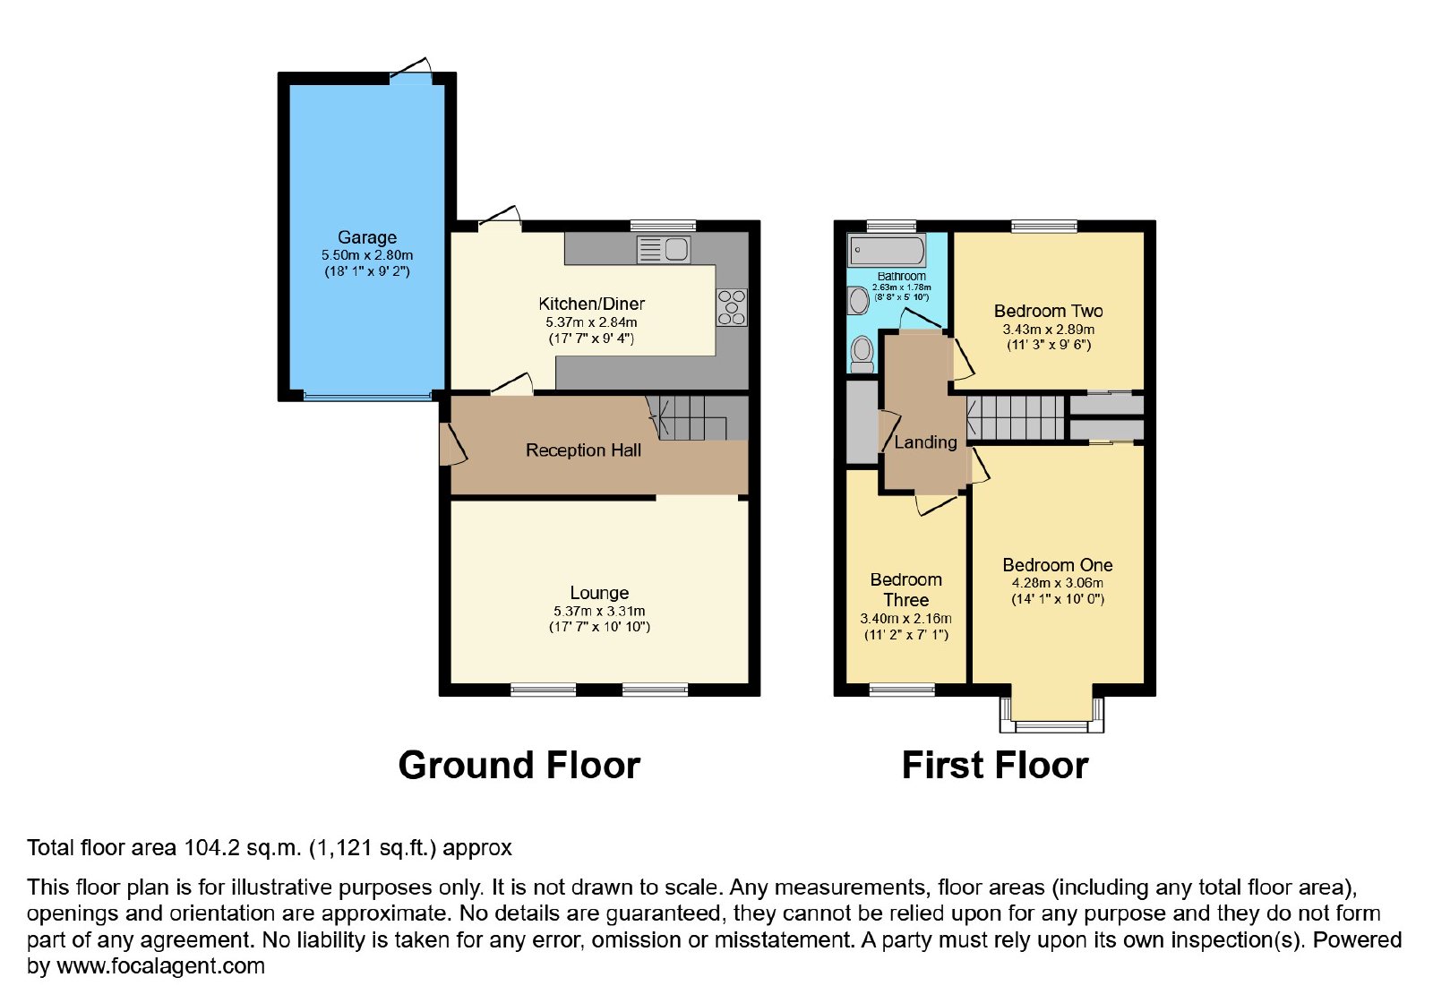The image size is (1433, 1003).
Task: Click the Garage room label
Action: tap(366, 238)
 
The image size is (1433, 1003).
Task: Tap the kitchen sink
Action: tap(664, 250)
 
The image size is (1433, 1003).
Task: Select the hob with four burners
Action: tap(731, 308)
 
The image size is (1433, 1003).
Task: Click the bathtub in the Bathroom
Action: tap(887, 250)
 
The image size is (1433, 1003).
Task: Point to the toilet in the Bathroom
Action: tap(862, 355)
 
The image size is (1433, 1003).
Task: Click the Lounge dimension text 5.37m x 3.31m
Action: tap(599, 611)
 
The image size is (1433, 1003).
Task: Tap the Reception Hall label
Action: tap(583, 450)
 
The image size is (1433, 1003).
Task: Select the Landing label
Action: tap(926, 442)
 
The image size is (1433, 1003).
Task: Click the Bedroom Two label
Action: tap(1049, 311)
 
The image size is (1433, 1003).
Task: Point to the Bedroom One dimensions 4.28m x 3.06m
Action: tap(1058, 583)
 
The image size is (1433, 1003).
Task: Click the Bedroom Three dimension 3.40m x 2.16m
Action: tap(905, 619)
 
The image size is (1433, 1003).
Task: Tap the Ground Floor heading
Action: tap(519, 765)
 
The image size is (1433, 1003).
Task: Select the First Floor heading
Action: tap(995, 765)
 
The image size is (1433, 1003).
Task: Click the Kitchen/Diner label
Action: tap(592, 304)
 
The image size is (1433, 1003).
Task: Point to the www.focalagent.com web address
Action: tap(160, 966)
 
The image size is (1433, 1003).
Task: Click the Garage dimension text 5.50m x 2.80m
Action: tap(367, 255)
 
